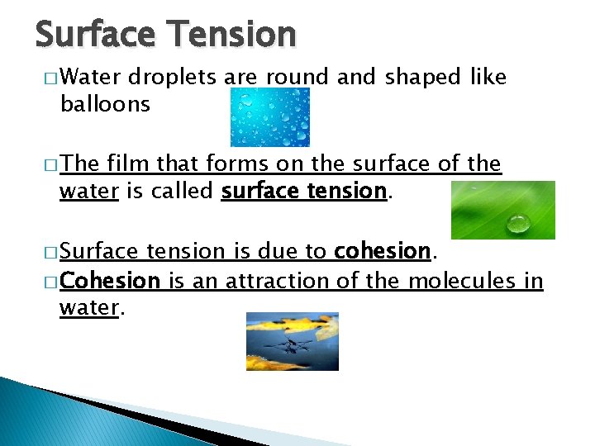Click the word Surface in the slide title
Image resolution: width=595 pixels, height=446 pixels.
click(94, 34)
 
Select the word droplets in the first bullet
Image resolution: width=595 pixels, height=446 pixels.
click(172, 78)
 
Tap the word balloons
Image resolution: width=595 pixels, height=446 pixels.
click(105, 103)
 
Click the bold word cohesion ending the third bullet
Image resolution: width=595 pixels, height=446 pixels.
click(382, 251)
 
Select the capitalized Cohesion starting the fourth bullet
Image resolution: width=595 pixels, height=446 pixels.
click(109, 281)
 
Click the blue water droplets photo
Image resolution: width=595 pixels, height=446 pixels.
click(269, 117)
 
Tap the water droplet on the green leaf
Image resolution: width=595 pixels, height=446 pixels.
click(519, 222)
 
